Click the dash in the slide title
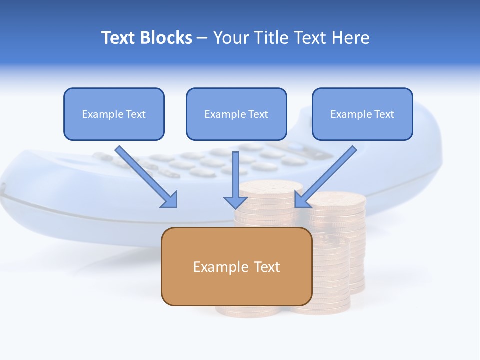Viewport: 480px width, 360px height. click(202, 38)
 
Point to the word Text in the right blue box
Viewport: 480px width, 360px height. click(384, 114)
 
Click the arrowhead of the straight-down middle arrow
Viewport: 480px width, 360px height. click(235, 202)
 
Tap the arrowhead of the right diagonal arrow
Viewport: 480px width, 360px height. click(301, 200)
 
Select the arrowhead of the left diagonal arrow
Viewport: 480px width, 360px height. click(170, 200)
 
